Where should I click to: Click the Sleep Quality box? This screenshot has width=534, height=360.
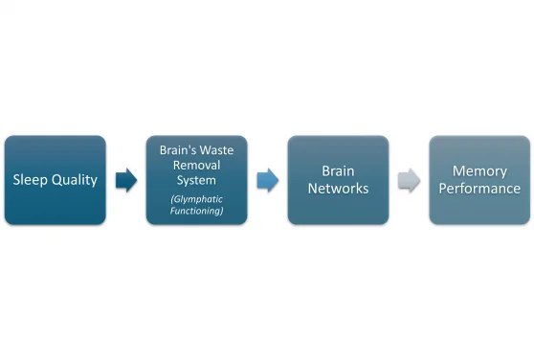pos(55,180)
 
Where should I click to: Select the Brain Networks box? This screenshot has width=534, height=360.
pos(338,180)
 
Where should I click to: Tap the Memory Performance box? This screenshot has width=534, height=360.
pos(479,180)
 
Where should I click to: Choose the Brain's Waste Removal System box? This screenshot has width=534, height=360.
pos(196,180)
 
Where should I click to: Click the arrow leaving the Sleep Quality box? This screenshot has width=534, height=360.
pos(126,180)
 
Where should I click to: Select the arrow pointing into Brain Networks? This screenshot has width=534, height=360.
pos(268,180)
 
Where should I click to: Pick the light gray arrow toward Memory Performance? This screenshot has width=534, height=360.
pos(410,180)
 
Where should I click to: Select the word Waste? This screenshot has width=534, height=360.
pos(218,150)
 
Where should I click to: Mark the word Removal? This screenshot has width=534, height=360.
pos(197,165)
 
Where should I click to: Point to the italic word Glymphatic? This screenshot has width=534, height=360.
pos(197,198)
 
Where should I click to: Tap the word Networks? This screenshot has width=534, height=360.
pos(338,189)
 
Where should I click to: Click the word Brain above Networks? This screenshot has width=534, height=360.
pos(338,171)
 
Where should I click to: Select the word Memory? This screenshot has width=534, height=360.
pos(479,171)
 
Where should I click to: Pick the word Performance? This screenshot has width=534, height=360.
pos(479,189)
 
